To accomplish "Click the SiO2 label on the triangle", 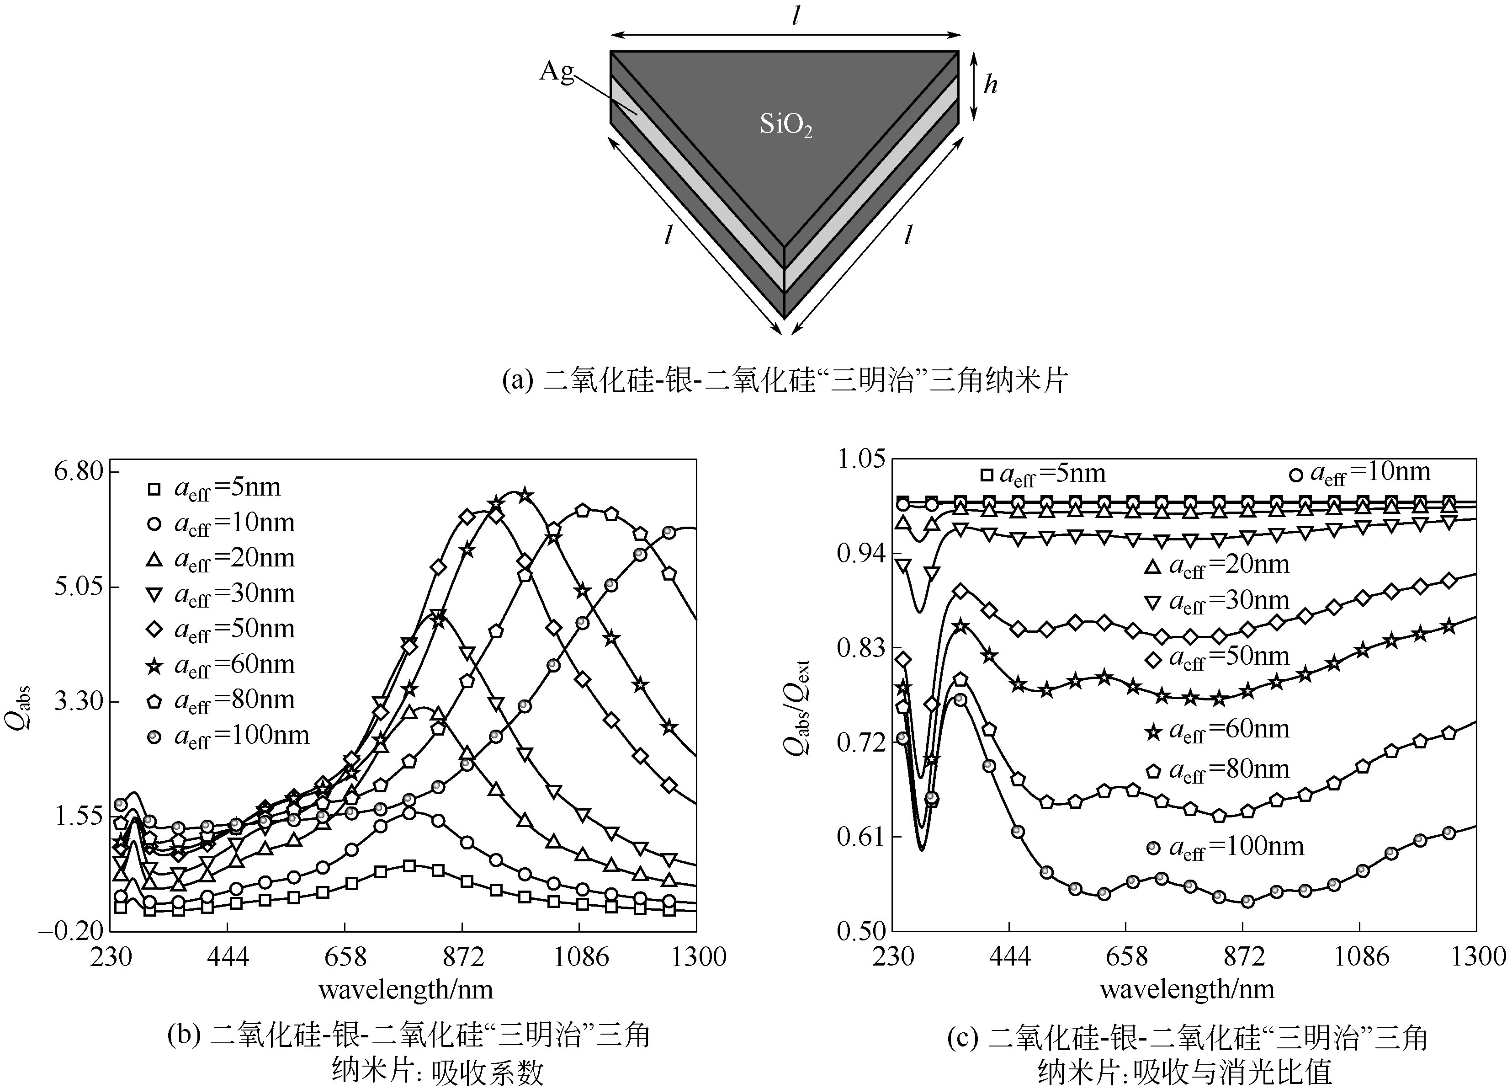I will [786, 125].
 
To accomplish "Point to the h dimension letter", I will [990, 85].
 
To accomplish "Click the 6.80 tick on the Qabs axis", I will [79, 471].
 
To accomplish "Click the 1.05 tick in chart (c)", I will [861, 459].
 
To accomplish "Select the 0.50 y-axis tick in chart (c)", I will [861, 931].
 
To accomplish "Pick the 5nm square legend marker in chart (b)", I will [154, 489].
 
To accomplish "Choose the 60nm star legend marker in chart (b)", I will [154, 666].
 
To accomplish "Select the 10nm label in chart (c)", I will [1369, 473].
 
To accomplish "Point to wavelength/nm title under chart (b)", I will [406, 990].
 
